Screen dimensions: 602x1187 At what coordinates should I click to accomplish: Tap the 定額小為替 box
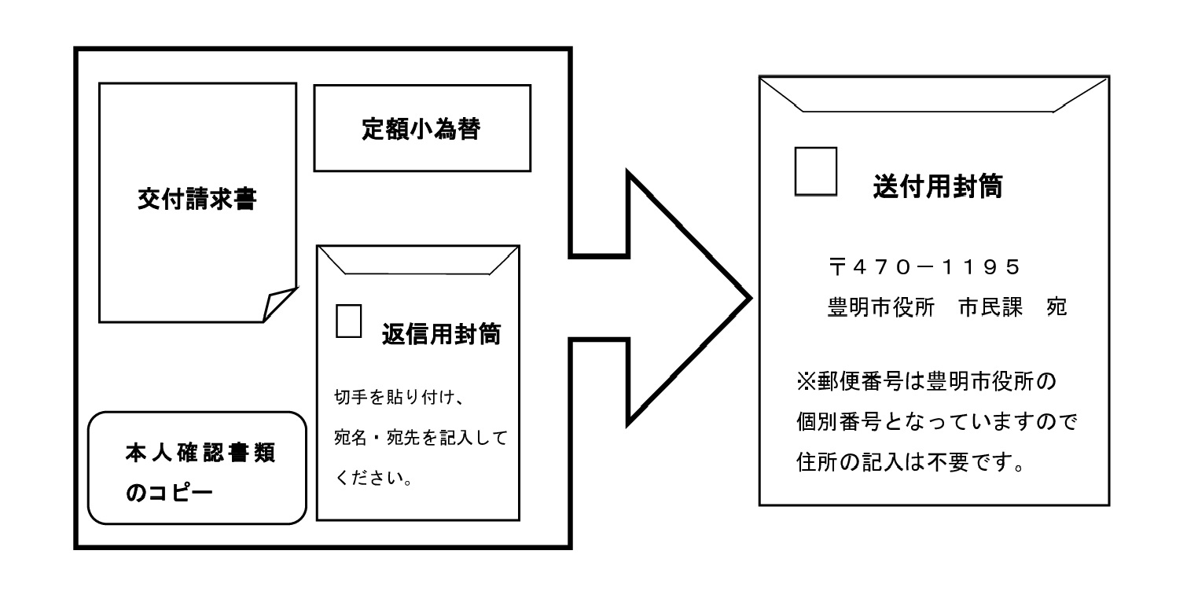(x=421, y=129)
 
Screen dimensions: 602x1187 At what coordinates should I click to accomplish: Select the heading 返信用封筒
(x=441, y=334)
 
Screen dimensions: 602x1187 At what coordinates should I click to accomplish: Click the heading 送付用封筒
(x=938, y=187)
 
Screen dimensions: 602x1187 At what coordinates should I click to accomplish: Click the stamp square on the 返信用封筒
(x=348, y=320)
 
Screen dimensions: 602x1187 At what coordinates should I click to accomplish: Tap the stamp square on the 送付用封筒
(x=815, y=171)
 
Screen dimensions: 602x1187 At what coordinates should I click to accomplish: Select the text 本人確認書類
(x=200, y=453)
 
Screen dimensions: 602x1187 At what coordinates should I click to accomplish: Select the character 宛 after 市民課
(x=1057, y=307)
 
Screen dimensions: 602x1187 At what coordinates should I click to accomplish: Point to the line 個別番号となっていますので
(x=935, y=423)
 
